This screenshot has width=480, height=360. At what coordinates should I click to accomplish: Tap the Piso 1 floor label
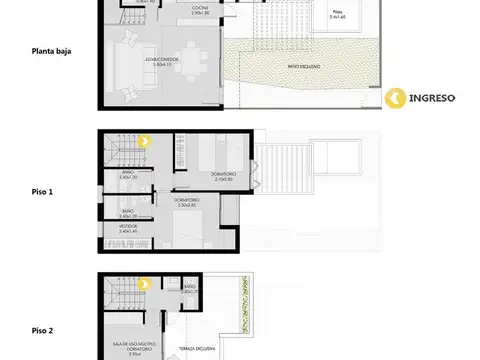click(44, 190)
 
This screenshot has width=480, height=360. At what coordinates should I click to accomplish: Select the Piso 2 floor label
click(44, 329)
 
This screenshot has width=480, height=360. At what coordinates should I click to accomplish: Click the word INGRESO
click(434, 98)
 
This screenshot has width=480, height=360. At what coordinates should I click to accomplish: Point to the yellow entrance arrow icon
click(395, 98)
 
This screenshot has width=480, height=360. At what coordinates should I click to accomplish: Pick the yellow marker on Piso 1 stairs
click(143, 142)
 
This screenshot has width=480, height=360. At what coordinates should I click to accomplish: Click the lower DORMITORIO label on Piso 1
click(187, 201)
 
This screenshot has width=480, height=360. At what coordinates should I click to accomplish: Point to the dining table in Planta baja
click(185, 59)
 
